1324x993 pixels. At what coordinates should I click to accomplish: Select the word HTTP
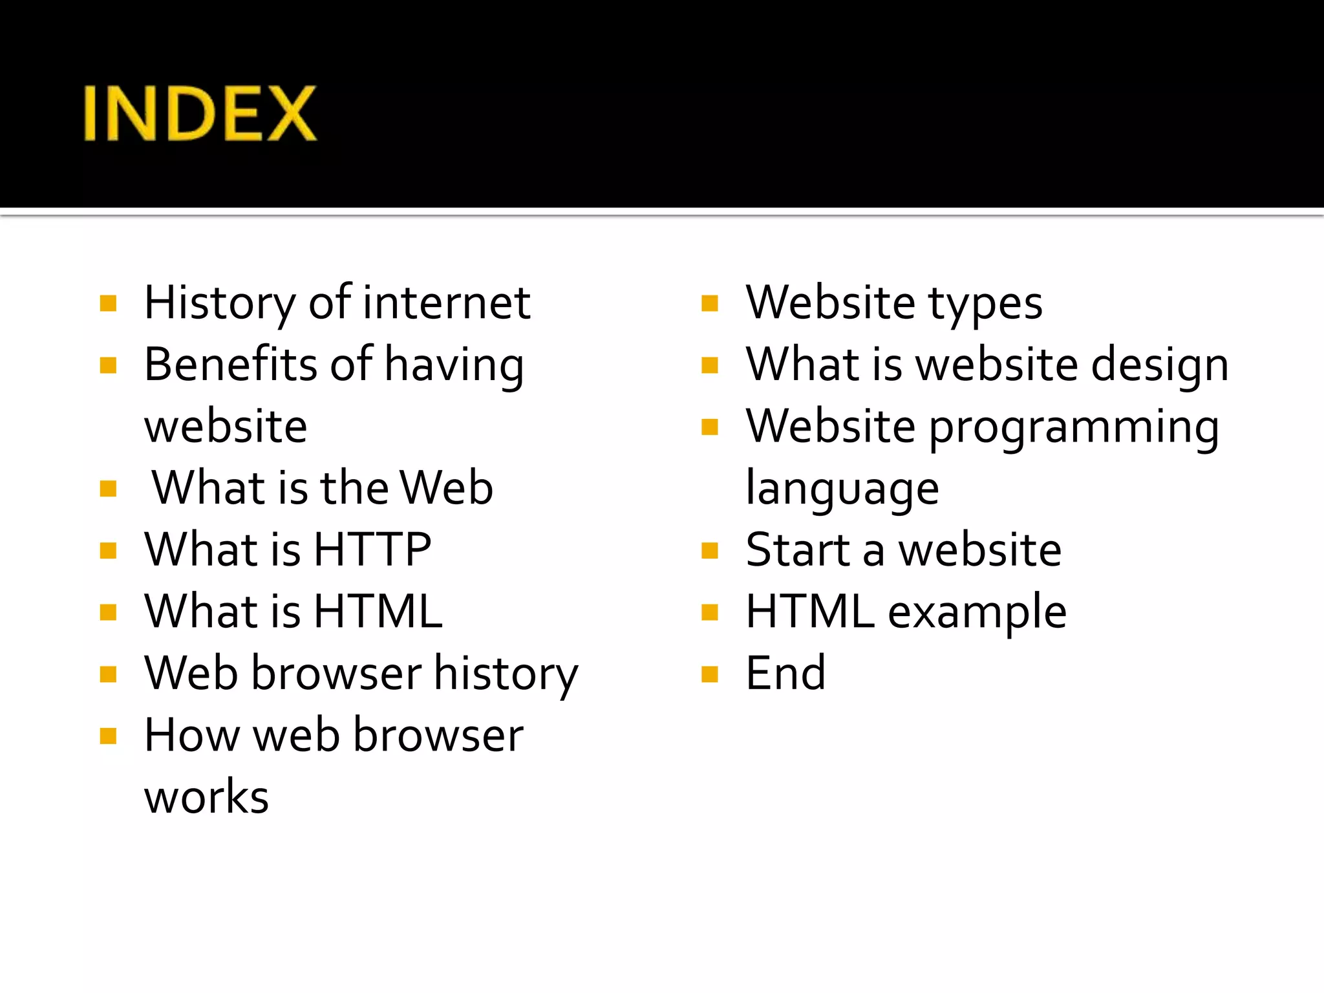tap(372, 550)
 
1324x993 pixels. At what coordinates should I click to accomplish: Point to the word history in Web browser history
tap(506, 674)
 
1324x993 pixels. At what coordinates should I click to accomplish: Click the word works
tap(206, 796)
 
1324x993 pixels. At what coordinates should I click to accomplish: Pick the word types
tap(985, 304)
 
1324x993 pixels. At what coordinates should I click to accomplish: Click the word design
tap(1160, 365)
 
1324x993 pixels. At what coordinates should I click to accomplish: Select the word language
tap(842, 489)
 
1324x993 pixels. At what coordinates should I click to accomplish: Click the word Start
tap(797, 550)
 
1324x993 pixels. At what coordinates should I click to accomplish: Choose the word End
tap(785, 673)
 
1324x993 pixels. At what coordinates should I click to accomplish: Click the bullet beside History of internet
tap(108, 303)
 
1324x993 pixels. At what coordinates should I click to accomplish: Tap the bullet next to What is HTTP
tap(108, 550)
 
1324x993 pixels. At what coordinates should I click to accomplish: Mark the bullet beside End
tap(710, 674)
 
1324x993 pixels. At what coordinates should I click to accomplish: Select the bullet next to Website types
tap(710, 303)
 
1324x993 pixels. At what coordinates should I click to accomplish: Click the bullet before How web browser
tap(108, 736)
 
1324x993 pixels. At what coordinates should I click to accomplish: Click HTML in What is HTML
tap(378, 611)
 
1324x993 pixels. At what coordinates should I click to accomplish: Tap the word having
tap(454, 365)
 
